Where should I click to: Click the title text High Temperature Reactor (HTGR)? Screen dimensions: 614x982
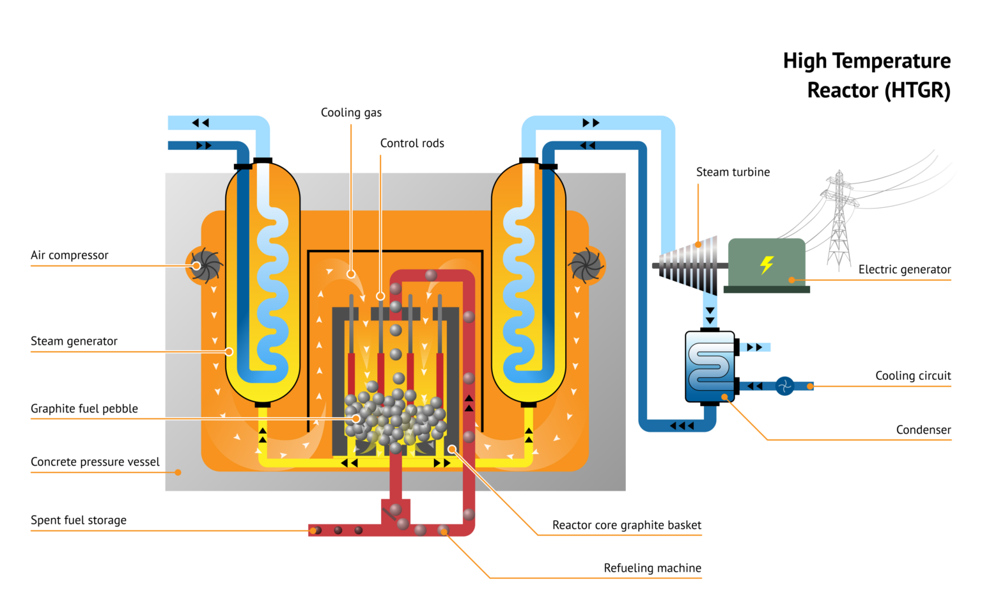(867, 75)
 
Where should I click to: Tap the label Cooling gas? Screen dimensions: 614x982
(351, 113)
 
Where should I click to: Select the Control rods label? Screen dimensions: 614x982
(412, 143)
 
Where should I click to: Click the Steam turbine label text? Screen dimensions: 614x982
(733, 172)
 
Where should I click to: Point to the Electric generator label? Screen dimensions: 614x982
(904, 269)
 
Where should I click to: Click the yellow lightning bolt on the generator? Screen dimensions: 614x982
(767, 264)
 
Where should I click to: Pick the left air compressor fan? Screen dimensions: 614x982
(204, 265)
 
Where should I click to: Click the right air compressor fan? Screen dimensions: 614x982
(586, 265)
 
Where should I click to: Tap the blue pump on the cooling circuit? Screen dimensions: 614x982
(784, 386)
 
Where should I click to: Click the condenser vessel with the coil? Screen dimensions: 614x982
(710, 366)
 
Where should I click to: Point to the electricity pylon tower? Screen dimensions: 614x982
(839, 221)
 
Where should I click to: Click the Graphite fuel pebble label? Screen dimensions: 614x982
(84, 409)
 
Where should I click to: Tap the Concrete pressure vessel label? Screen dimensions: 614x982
(95, 462)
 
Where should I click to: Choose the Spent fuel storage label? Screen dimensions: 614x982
(79, 520)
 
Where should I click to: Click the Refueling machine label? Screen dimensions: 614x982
(652, 568)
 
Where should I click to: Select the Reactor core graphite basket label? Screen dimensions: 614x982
(627, 525)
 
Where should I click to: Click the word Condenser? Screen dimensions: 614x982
(923, 430)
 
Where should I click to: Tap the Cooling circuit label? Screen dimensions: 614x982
(913, 375)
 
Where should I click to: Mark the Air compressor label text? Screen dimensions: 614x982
(70, 255)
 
